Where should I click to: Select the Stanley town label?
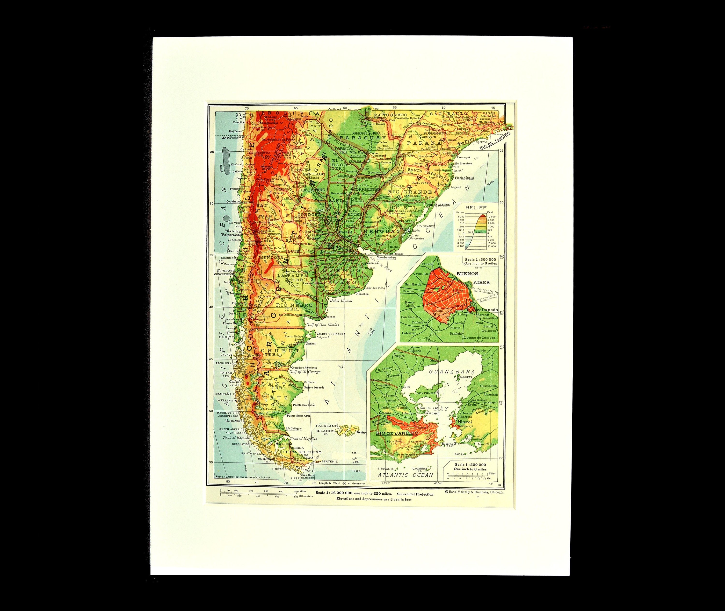click(x=361, y=433)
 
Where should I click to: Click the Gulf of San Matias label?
click(x=322, y=324)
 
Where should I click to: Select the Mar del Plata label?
click(x=376, y=288)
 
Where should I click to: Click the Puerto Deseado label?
click(x=314, y=387)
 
